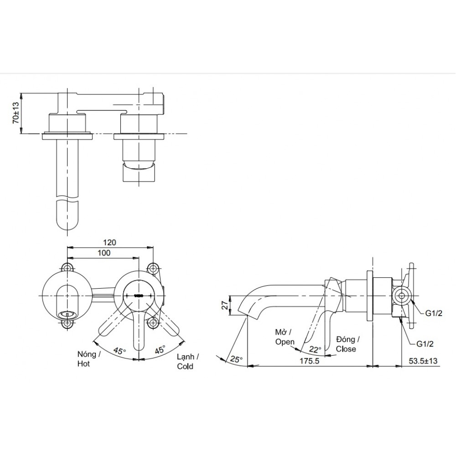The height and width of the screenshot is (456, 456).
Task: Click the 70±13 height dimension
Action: [x=16, y=113]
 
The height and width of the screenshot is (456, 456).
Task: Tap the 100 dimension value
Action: [x=104, y=253]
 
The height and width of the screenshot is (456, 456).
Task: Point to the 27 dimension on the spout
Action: [x=223, y=305]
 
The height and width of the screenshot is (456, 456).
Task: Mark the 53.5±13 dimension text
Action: [x=422, y=360]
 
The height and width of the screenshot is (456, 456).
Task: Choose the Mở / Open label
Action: [x=285, y=337]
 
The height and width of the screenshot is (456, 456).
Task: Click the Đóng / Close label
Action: [x=348, y=344]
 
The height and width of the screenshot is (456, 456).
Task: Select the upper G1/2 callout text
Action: [x=434, y=313]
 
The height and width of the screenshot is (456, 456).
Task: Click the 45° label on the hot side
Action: [x=119, y=351]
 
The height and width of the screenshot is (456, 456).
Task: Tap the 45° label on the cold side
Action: [x=160, y=350]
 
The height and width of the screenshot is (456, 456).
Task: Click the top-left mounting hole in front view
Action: [x=68, y=267]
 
